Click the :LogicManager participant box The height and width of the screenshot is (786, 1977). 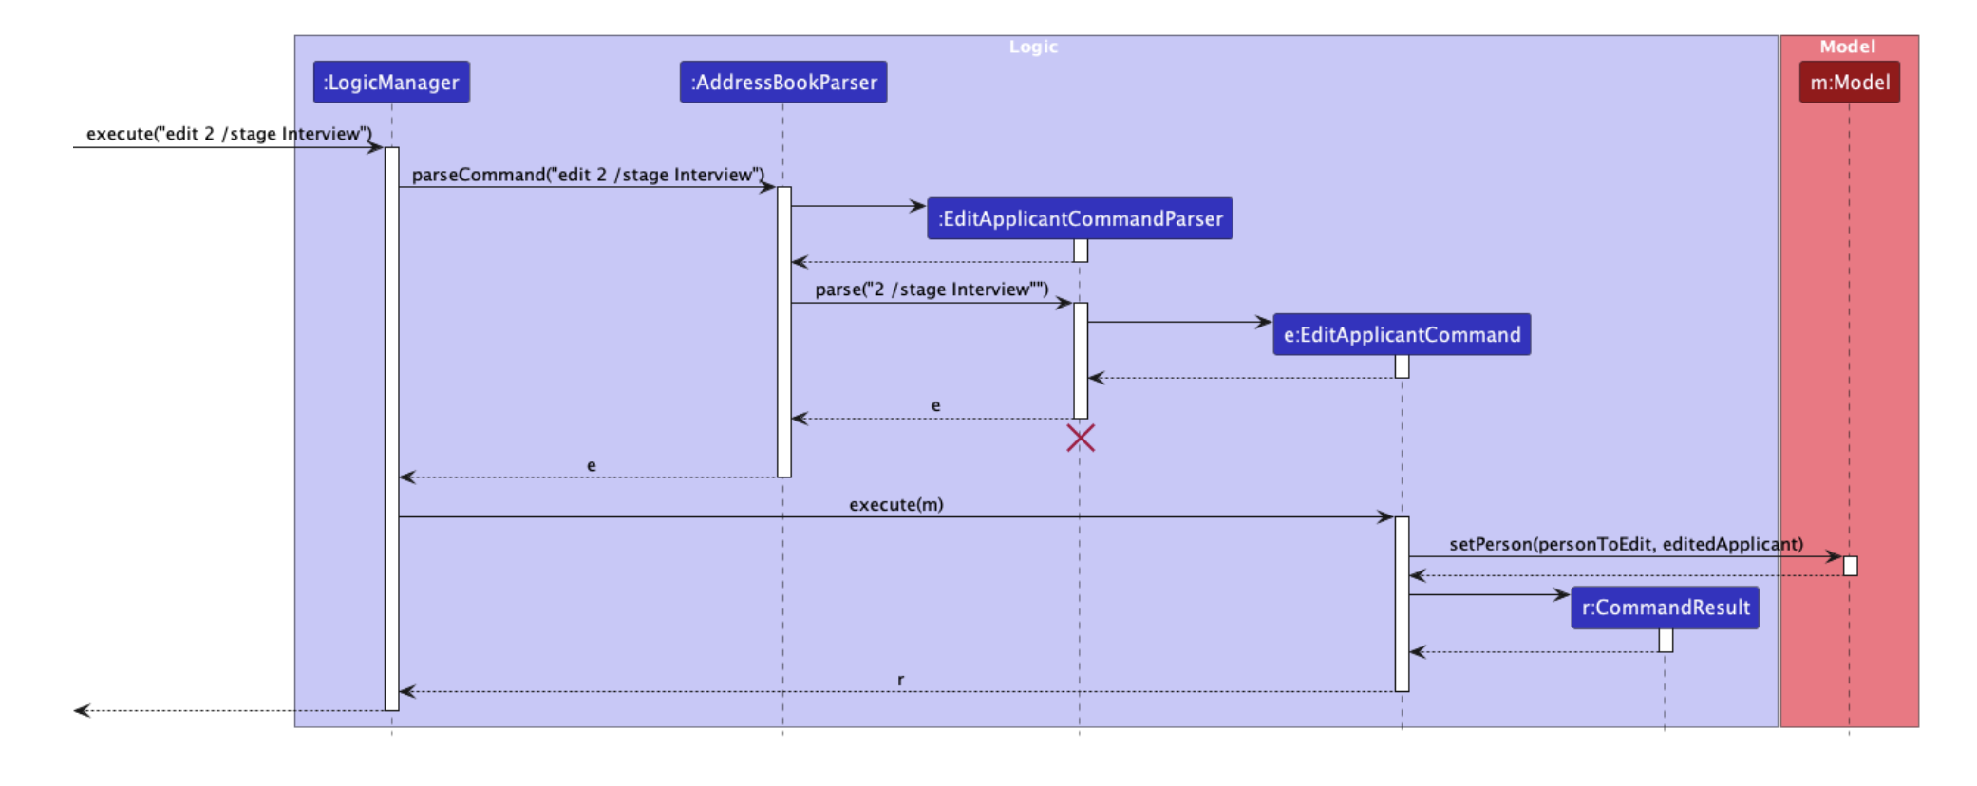click(x=391, y=83)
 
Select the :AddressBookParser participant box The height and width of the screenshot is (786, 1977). click(x=783, y=83)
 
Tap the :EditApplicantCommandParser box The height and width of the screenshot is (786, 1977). click(x=1080, y=218)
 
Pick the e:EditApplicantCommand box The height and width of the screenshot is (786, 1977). click(x=1402, y=334)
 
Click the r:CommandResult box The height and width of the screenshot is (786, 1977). click(x=1665, y=608)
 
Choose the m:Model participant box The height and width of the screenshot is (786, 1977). click(x=1849, y=83)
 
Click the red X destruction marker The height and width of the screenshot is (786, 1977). click(x=1081, y=438)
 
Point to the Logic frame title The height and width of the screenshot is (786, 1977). click(x=1033, y=47)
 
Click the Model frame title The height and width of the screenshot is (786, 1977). click(x=1847, y=47)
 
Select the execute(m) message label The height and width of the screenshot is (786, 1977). click(x=895, y=504)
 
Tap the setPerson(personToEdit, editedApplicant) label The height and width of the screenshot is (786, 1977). click(x=1626, y=544)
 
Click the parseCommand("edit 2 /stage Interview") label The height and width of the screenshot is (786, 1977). click(x=588, y=175)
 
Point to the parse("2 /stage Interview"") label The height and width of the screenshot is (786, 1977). click(x=932, y=290)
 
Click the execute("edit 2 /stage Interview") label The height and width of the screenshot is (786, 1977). click(x=229, y=134)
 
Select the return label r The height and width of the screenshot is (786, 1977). click(x=900, y=680)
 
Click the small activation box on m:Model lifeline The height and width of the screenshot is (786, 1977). click(x=1850, y=566)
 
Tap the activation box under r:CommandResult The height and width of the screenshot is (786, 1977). click(x=1666, y=641)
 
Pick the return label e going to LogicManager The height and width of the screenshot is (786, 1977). click(x=592, y=465)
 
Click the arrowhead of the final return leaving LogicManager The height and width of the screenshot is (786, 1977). click(x=82, y=710)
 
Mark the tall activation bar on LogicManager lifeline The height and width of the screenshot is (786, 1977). click(x=391, y=427)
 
